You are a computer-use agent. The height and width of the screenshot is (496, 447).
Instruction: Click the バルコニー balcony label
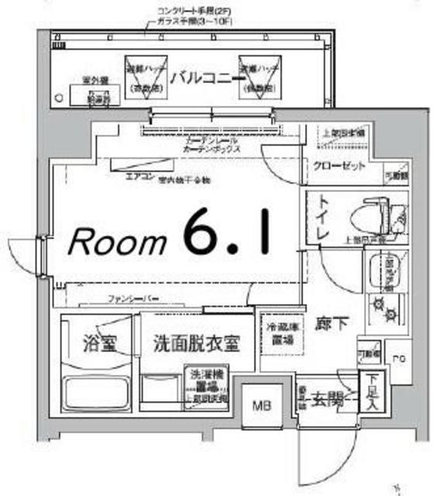(x=206, y=77)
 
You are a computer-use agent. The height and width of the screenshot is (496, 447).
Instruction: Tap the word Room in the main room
(x=117, y=242)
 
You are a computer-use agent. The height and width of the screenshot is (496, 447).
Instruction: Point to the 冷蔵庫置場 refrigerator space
(x=278, y=332)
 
